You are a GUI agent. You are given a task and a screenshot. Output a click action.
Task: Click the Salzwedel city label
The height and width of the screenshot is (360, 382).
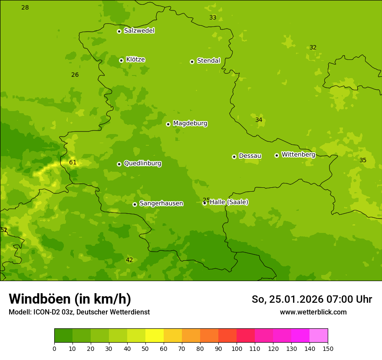coord(139,31)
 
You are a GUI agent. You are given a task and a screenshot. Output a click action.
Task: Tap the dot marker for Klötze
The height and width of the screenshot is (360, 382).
coord(122,60)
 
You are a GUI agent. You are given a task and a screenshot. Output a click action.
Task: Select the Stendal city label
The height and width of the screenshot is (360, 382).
coord(208,61)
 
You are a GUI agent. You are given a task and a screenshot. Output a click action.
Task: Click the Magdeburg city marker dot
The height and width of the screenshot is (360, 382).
coord(168,124)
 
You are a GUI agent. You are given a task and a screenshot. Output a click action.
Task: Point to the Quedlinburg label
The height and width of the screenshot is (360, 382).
coord(142,164)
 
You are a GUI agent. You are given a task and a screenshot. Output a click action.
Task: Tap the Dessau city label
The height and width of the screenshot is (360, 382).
coord(250,156)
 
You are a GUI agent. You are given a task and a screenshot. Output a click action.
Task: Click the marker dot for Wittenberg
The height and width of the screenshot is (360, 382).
coord(277,155)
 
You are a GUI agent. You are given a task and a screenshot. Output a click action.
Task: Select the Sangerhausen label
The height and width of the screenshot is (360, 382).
coord(161,203)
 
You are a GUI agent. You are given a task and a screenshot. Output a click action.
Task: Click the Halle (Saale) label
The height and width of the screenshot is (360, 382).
coord(229,202)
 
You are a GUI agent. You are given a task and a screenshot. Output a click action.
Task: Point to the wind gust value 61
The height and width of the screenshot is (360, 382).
coord(73,163)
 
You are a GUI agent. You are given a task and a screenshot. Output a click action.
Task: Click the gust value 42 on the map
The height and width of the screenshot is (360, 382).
coord(129,260)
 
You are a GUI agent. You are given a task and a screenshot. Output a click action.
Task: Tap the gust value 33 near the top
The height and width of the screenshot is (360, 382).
coord(213,18)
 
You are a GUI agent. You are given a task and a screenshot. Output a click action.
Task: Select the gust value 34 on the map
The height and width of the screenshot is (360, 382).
coord(259,120)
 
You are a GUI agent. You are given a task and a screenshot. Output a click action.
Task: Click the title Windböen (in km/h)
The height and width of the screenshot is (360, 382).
coord(70,299)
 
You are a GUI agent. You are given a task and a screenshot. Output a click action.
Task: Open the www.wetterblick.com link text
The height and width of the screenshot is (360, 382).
coord(313,312)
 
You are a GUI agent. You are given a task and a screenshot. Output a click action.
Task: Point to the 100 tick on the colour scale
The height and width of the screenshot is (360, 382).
coord(237,348)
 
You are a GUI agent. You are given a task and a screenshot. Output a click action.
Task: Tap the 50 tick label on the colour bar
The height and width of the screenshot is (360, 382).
coord(145,348)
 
